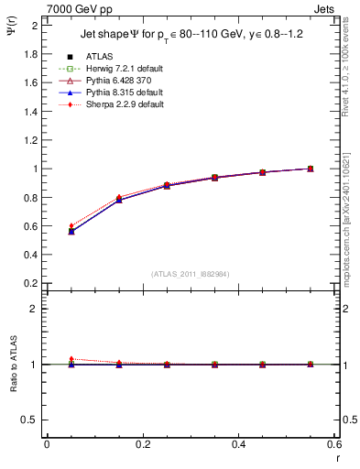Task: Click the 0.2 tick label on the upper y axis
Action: click(x=29, y=283)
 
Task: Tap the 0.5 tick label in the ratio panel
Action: click(x=29, y=420)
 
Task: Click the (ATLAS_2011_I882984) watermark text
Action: click(x=191, y=274)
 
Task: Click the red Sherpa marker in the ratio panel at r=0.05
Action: click(x=71, y=359)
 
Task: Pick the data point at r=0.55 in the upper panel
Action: click(x=311, y=169)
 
